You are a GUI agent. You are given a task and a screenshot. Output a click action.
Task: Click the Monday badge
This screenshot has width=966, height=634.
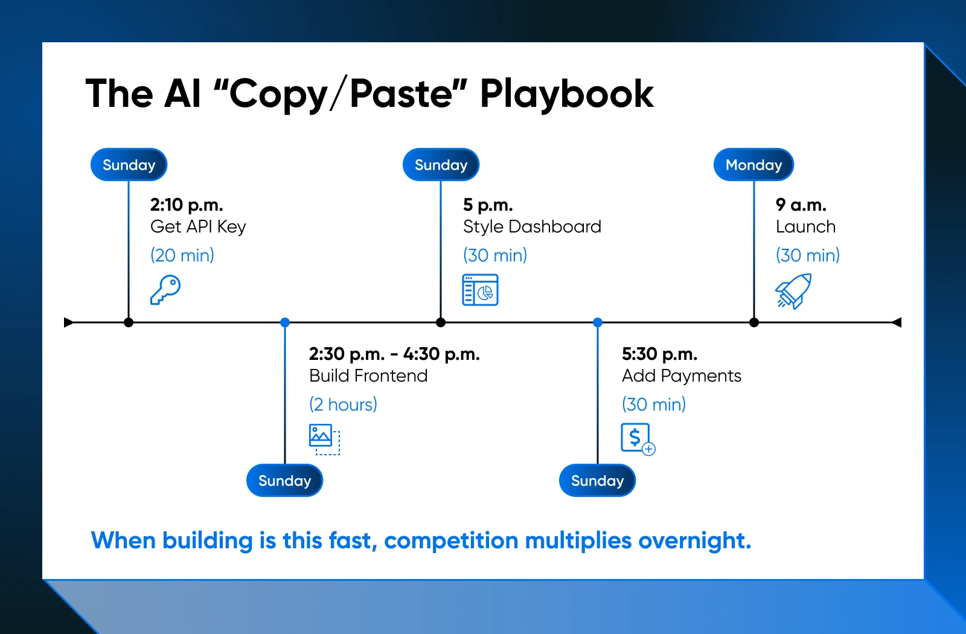pos(753,165)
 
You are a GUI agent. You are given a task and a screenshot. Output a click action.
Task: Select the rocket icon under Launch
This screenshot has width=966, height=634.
pos(793,291)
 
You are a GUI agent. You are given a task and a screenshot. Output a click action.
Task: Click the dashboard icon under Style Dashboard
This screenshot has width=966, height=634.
pos(480,290)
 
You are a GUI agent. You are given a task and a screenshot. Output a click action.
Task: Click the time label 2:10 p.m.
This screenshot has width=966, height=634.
pos(187,205)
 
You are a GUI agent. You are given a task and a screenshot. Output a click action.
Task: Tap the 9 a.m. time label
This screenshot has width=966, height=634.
pos(801,205)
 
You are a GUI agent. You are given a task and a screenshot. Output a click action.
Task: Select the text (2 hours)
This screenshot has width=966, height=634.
pos(344,405)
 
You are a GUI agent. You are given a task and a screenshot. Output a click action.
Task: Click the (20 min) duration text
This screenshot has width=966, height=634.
pos(182,255)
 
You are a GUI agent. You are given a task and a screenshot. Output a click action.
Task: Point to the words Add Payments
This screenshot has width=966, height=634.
pos(682,376)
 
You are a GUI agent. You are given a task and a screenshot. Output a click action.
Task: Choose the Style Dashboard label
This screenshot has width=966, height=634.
pos(532,227)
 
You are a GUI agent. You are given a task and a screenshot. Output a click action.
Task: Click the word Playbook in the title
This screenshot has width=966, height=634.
pos(567,94)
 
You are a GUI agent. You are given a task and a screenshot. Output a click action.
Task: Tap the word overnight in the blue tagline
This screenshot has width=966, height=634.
pos(695,540)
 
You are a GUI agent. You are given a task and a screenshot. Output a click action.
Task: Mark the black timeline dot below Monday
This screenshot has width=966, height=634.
pos(754,322)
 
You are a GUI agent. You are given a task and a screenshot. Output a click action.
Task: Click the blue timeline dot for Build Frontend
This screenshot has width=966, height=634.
pos(284,322)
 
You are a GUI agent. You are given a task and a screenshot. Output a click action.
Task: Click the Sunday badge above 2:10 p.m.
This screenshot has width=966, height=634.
pos(129,165)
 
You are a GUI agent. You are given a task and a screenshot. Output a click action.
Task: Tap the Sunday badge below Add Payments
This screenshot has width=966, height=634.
pos(597,481)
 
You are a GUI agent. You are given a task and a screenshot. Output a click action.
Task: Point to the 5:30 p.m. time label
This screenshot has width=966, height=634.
pos(659,354)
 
